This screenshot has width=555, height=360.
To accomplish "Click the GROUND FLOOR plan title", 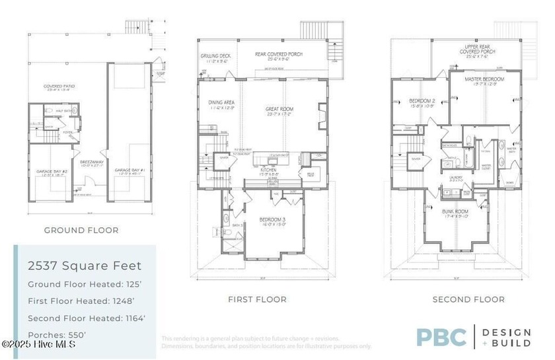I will [x=81, y=231].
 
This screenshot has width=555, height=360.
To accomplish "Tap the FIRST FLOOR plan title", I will [x=257, y=299].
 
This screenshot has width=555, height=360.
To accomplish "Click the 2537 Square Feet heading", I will [x=84, y=266].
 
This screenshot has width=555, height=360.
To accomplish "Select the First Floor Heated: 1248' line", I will [x=84, y=301].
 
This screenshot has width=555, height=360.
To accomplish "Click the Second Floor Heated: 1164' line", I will [x=87, y=318].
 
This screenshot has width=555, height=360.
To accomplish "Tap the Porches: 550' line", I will [x=56, y=335].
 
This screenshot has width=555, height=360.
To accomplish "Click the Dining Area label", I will [x=221, y=102].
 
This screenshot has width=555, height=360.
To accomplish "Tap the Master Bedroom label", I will [x=484, y=79].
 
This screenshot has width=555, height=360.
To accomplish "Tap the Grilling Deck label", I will [x=215, y=56].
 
